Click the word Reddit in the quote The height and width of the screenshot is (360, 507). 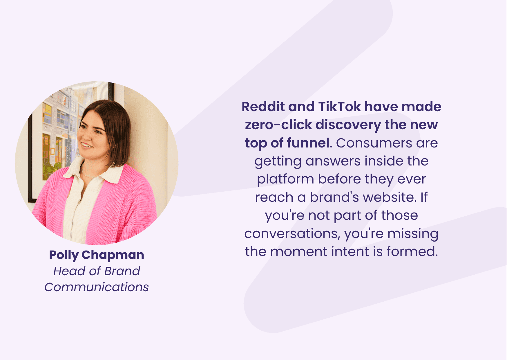pyautogui.click(x=263, y=107)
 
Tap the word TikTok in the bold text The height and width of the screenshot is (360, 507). pyautogui.click(x=340, y=107)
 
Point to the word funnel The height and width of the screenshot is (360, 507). pyautogui.click(x=309, y=143)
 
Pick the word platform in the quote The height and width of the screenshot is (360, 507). pyautogui.click(x=285, y=179)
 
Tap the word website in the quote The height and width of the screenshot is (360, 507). pyautogui.click(x=390, y=197)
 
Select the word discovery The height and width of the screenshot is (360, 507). pyautogui.click(x=348, y=125)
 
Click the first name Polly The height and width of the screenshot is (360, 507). pyautogui.click(x=64, y=255)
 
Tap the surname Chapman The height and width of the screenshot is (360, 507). pyautogui.click(x=113, y=255)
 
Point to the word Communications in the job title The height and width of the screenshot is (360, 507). pyautogui.click(x=97, y=287)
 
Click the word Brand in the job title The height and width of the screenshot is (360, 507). pyautogui.click(x=122, y=271)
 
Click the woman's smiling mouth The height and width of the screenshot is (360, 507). pyautogui.click(x=86, y=144)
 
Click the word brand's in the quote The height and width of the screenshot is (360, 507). pyautogui.click(x=334, y=197)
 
